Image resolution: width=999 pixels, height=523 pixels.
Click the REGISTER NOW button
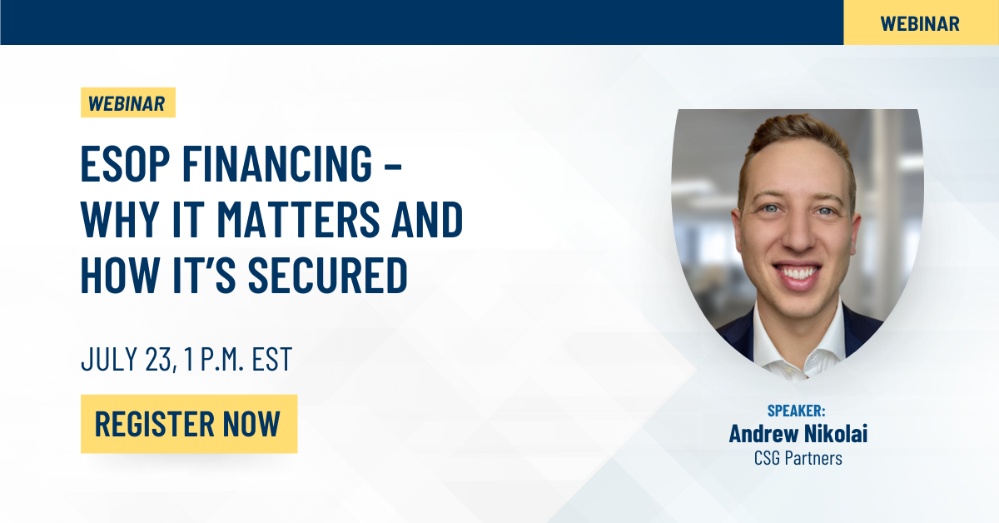(189, 424)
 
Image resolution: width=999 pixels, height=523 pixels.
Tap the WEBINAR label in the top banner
(920, 23)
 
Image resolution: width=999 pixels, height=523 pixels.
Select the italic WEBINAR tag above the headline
(128, 102)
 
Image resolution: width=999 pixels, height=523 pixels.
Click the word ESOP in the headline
(125, 163)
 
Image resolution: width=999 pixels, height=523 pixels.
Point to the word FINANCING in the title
(277, 163)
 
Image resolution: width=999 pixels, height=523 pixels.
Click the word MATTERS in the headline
(298, 219)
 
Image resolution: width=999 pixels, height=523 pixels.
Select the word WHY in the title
(121, 219)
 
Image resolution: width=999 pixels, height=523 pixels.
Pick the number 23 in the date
(158, 359)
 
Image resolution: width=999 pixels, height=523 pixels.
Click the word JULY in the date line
(110, 359)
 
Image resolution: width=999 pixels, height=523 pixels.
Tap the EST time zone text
(272, 359)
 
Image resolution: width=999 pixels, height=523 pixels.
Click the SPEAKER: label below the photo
(797, 411)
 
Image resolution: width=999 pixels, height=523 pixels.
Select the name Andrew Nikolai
(798, 433)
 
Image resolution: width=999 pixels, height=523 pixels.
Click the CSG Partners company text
(798, 458)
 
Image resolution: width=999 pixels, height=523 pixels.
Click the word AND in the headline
(428, 219)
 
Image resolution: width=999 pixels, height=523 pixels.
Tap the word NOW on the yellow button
(251, 424)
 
